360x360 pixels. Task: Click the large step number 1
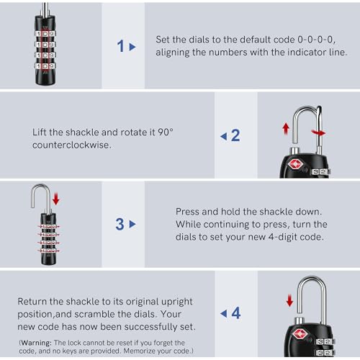point(120,46)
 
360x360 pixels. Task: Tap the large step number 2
point(235,135)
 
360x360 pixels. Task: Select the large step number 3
point(120,224)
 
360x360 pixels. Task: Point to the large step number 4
point(236,313)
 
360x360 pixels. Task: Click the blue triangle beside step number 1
point(132,47)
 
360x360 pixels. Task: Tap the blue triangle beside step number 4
point(224,313)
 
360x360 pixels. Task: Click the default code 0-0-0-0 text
point(316,40)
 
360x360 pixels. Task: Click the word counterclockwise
point(72,145)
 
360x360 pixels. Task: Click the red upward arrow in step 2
point(286,129)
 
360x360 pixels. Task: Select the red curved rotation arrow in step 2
point(318,132)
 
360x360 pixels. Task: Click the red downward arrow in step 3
point(56,199)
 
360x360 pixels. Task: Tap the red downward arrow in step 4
point(289,300)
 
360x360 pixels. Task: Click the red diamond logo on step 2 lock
point(296,164)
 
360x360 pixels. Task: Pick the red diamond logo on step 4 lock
point(300,334)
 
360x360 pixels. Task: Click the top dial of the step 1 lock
point(45,34)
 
